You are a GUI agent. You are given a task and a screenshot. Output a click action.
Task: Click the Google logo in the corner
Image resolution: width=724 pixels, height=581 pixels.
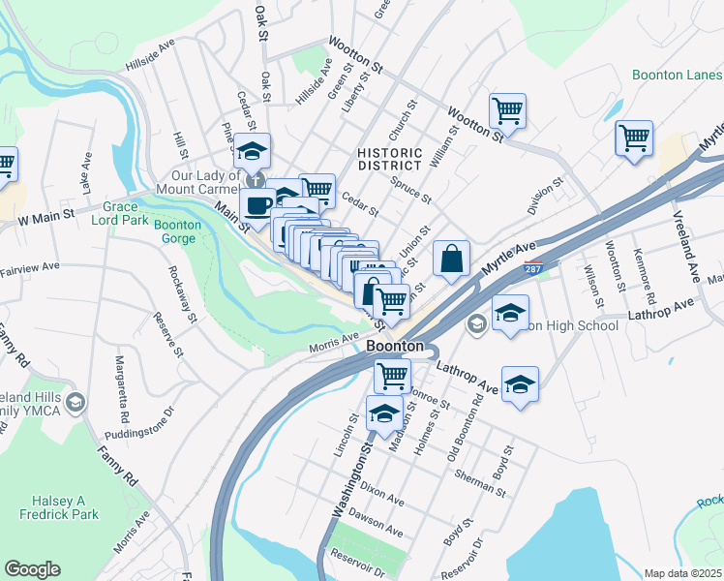click(x=32, y=569)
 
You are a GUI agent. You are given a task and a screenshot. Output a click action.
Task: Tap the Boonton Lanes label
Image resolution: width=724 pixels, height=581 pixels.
click(x=677, y=74)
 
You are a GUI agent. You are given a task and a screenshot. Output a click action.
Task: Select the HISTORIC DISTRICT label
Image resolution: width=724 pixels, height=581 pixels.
click(x=389, y=160)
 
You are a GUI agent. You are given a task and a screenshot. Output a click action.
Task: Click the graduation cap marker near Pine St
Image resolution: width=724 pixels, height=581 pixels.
click(x=252, y=150)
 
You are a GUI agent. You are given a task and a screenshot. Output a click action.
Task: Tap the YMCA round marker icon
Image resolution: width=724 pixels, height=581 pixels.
click(x=75, y=401)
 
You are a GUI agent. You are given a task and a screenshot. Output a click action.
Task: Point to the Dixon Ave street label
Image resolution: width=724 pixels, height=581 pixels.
click(x=381, y=497)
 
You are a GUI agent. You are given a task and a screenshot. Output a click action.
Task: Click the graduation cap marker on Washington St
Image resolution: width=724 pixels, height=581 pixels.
click(x=384, y=413)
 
